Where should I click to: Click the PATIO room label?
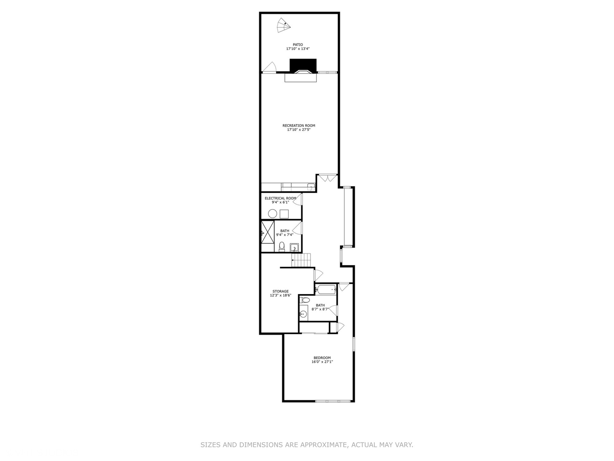pyautogui.click(x=298, y=44)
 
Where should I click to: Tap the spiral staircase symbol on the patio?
pyautogui.click(x=283, y=26)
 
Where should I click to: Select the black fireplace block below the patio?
pyautogui.click(x=303, y=65)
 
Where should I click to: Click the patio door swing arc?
pyautogui.click(x=269, y=67)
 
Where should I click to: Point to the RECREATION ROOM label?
pyautogui.click(x=298, y=125)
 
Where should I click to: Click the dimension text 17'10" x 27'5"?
pyautogui.click(x=298, y=130)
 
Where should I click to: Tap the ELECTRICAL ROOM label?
pyautogui.click(x=280, y=198)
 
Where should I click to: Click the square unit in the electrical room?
pyautogui.click(x=284, y=214)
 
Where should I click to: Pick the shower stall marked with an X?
pyautogui.click(x=267, y=236)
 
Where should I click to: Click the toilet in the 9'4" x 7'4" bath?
pyautogui.click(x=281, y=246)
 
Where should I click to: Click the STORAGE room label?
pyautogui.click(x=281, y=292)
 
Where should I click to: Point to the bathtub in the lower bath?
pyautogui.click(x=326, y=289)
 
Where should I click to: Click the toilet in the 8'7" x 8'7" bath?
pyautogui.click(x=304, y=301)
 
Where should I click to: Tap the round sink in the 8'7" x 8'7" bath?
pyautogui.click(x=303, y=314)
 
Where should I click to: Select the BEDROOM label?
pyautogui.click(x=322, y=358)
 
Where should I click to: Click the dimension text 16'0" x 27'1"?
pyautogui.click(x=322, y=362)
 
